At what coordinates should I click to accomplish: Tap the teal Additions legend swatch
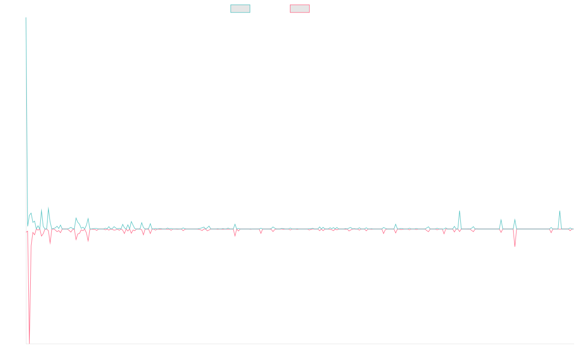point(240,9)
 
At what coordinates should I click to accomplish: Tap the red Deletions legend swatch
point(300,9)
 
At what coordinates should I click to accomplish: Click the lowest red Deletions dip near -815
point(29,343)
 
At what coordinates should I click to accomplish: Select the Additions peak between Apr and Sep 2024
point(459,211)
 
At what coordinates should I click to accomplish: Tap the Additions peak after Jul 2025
point(559,211)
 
